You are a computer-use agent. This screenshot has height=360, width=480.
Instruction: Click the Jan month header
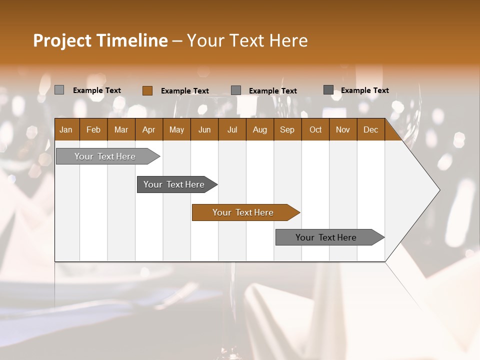pyautogui.click(x=66, y=129)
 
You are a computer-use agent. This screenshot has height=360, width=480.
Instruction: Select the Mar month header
pyautogui.click(x=121, y=129)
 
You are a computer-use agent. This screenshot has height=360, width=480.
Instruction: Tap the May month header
pyautogui.click(x=176, y=129)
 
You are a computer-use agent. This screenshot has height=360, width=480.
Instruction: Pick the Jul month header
pyautogui.click(x=232, y=129)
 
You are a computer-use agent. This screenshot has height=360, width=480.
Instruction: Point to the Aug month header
pyautogui.click(x=259, y=129)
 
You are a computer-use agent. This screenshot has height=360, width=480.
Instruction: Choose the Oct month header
pyautogui.click(x=315, y=129)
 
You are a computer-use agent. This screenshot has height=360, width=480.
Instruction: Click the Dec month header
pyautogui.click(x=370, y=129)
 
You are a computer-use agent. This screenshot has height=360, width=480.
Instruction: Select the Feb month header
pyautogui.click(x=93, y=129)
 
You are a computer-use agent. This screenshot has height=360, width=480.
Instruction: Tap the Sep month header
pyautogui.click(x=287, y=129)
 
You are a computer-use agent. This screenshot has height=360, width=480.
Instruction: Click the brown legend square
pyautogui.click(x=147, y=90)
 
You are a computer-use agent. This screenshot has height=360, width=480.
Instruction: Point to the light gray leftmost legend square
pyautogui.click(x=59, y=90)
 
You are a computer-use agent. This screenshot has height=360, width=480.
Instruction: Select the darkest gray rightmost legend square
pyautogui.click(x=328, y=90)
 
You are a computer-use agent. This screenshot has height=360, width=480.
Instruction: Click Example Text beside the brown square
pyautogui.click(x=184, y=91)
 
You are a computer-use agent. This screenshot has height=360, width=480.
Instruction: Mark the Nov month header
pyautogui.click(x=343, y=129)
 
